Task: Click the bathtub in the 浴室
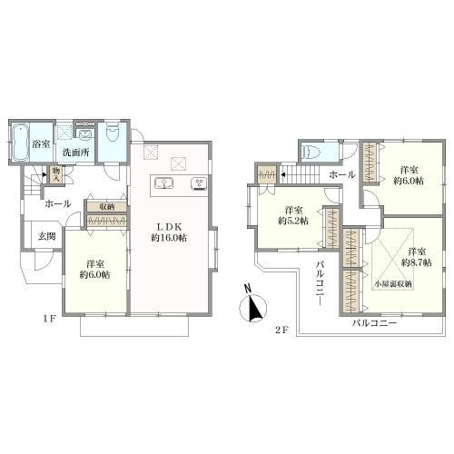pyautogui.click(x=21, y=143)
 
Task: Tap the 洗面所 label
pyautogui.click(x=75, y=153)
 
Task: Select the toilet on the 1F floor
pyautogui.click(x=113, y=133)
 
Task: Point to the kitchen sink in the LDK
pyautogui.click(x=163, y=183)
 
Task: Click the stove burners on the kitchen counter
pyautogui.click(x=199, y=183)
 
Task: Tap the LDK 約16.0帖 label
pyautogui.click(x=169, y=232)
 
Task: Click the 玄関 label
pyautogui.click(x=46, y=236)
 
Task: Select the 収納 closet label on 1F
pyautogui.click(x=106, y=207)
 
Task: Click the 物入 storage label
pyautogui.click(x=56, y=175)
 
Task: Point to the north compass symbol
pyautogui.click(x=253, y=306)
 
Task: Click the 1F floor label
pyautogui.click(x=49, y=319)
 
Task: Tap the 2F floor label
pyautogui.click(x=281, y=331)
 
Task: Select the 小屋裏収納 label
pyautogui.click(x=392, y=284)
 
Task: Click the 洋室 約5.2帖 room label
pyautogui.click(x=293, y=215)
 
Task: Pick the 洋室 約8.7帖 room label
pyautogui.click(x=417, y=257)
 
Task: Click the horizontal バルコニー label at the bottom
pyautogui.click(x=374, y=323)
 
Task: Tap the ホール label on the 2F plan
pyautogui.click(x=342, y=174)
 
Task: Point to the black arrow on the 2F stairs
pyautogui.click(x=281, y=174)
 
